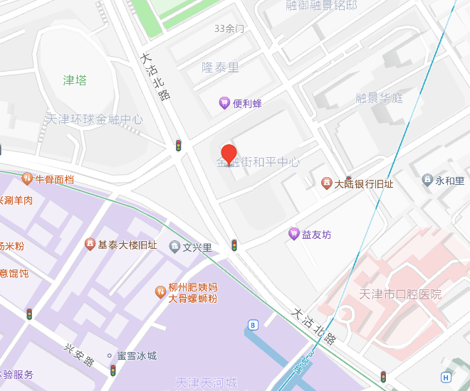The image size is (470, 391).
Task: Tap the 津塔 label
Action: click(x=75, y=80)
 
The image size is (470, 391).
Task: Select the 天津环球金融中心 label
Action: click(x=94, y=119)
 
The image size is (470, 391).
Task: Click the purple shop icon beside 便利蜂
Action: click(x=224, y=104)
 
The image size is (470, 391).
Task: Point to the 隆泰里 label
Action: click(x=220, y=68)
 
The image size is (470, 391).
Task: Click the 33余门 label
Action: click(x=229, y=29)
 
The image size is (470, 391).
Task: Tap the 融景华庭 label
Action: click(x=380, y=98)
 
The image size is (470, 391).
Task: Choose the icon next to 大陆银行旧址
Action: click(x=326, y=184)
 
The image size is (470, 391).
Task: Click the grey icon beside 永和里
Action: click(x=427, y=181)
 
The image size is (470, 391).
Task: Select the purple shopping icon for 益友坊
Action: click(x=293, y=234)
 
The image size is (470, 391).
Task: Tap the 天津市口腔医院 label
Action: click(x=400, y=294)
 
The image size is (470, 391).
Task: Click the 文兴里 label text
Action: click(x=197, y=247)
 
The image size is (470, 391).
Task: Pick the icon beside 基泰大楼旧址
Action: click(x=90, y=245)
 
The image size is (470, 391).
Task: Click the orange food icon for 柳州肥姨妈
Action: click(x=161, y=292)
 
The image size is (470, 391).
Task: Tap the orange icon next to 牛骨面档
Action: click(x=27, y=178)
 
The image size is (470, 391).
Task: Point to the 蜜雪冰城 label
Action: click(x=136, y=355)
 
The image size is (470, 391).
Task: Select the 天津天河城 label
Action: click(x=207, y=383)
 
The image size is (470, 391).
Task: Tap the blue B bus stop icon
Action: click(x=252, y=326)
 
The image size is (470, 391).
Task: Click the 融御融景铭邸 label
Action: click(x=321, y=6)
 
